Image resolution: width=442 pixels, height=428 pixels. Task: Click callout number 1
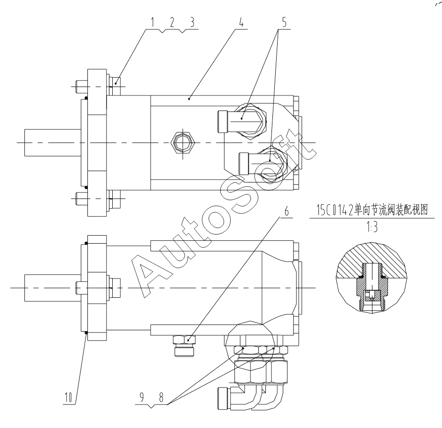(153, 22)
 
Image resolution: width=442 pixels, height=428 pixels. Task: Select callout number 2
(172, 22)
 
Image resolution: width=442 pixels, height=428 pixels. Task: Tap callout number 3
(192, 22)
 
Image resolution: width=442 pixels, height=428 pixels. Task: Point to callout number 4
(241, 22)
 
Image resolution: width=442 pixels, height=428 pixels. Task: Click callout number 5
(284, 22)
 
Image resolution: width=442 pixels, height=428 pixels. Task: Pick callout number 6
(287, 211)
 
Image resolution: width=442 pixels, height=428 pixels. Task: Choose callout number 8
(161, 397)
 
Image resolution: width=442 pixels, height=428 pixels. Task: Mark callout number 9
(142, 397)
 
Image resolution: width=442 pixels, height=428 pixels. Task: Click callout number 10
(68, 397)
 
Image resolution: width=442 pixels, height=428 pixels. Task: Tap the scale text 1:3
(372, 227)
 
